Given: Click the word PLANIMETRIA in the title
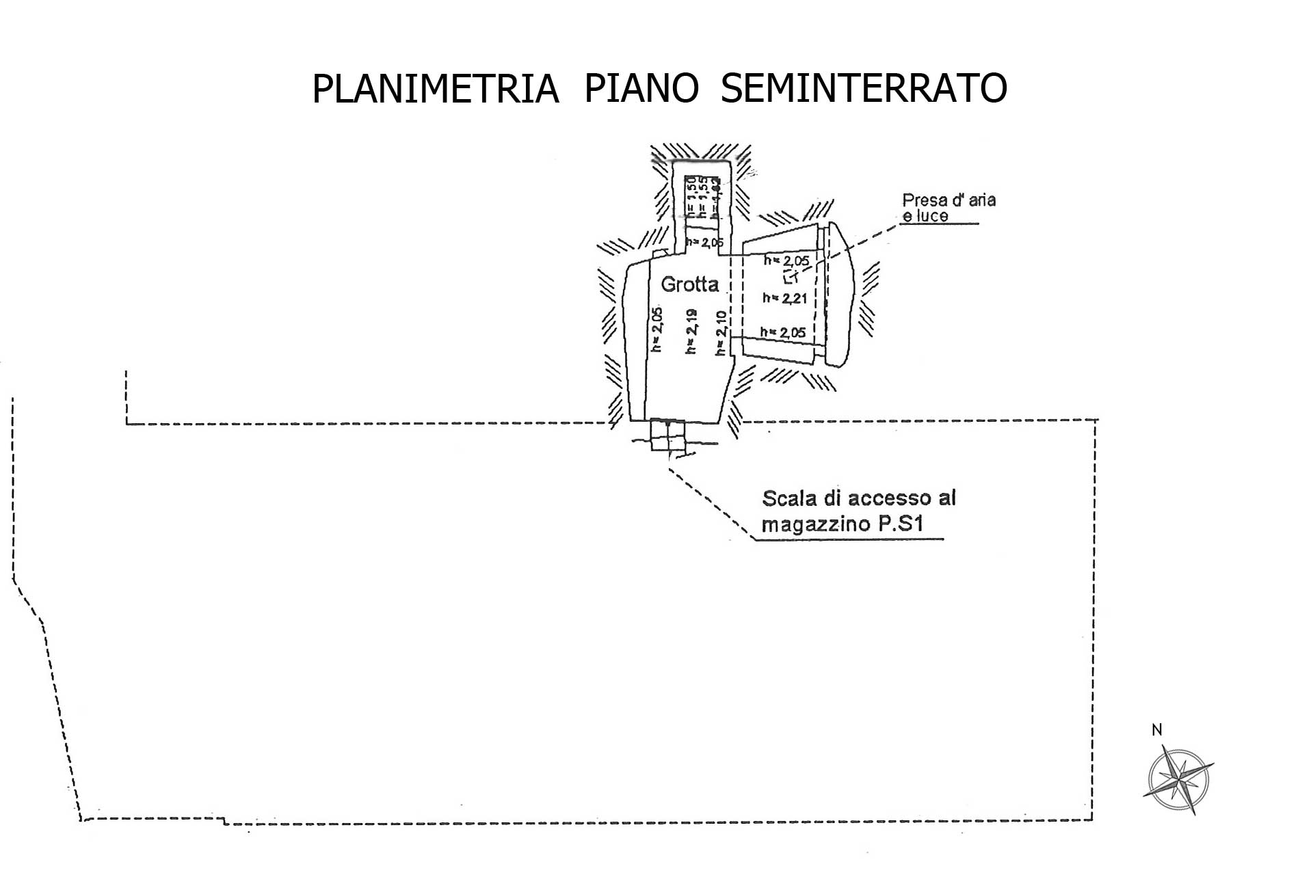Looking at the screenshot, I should click(435, 89).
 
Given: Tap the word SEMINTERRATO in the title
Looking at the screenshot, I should click(864, 89).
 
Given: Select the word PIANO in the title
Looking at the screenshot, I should click(641, 89).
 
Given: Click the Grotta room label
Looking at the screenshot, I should click(689, 284).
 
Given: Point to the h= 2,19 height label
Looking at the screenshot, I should click(691, 331).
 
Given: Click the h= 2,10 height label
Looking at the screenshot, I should click(720, 334).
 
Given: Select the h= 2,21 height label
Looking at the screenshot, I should click(785, 298).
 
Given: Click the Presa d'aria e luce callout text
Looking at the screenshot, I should click(948, 208).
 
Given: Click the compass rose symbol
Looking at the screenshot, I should click(1178, 779).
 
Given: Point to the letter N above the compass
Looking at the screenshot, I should click(1157, 730).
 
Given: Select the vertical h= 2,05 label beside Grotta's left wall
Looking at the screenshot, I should click(657, 330).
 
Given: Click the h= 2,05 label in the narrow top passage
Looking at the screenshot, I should click(704, 242).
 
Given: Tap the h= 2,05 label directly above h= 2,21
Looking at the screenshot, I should click(786, 260).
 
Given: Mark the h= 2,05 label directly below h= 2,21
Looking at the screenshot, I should click(783, 333).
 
